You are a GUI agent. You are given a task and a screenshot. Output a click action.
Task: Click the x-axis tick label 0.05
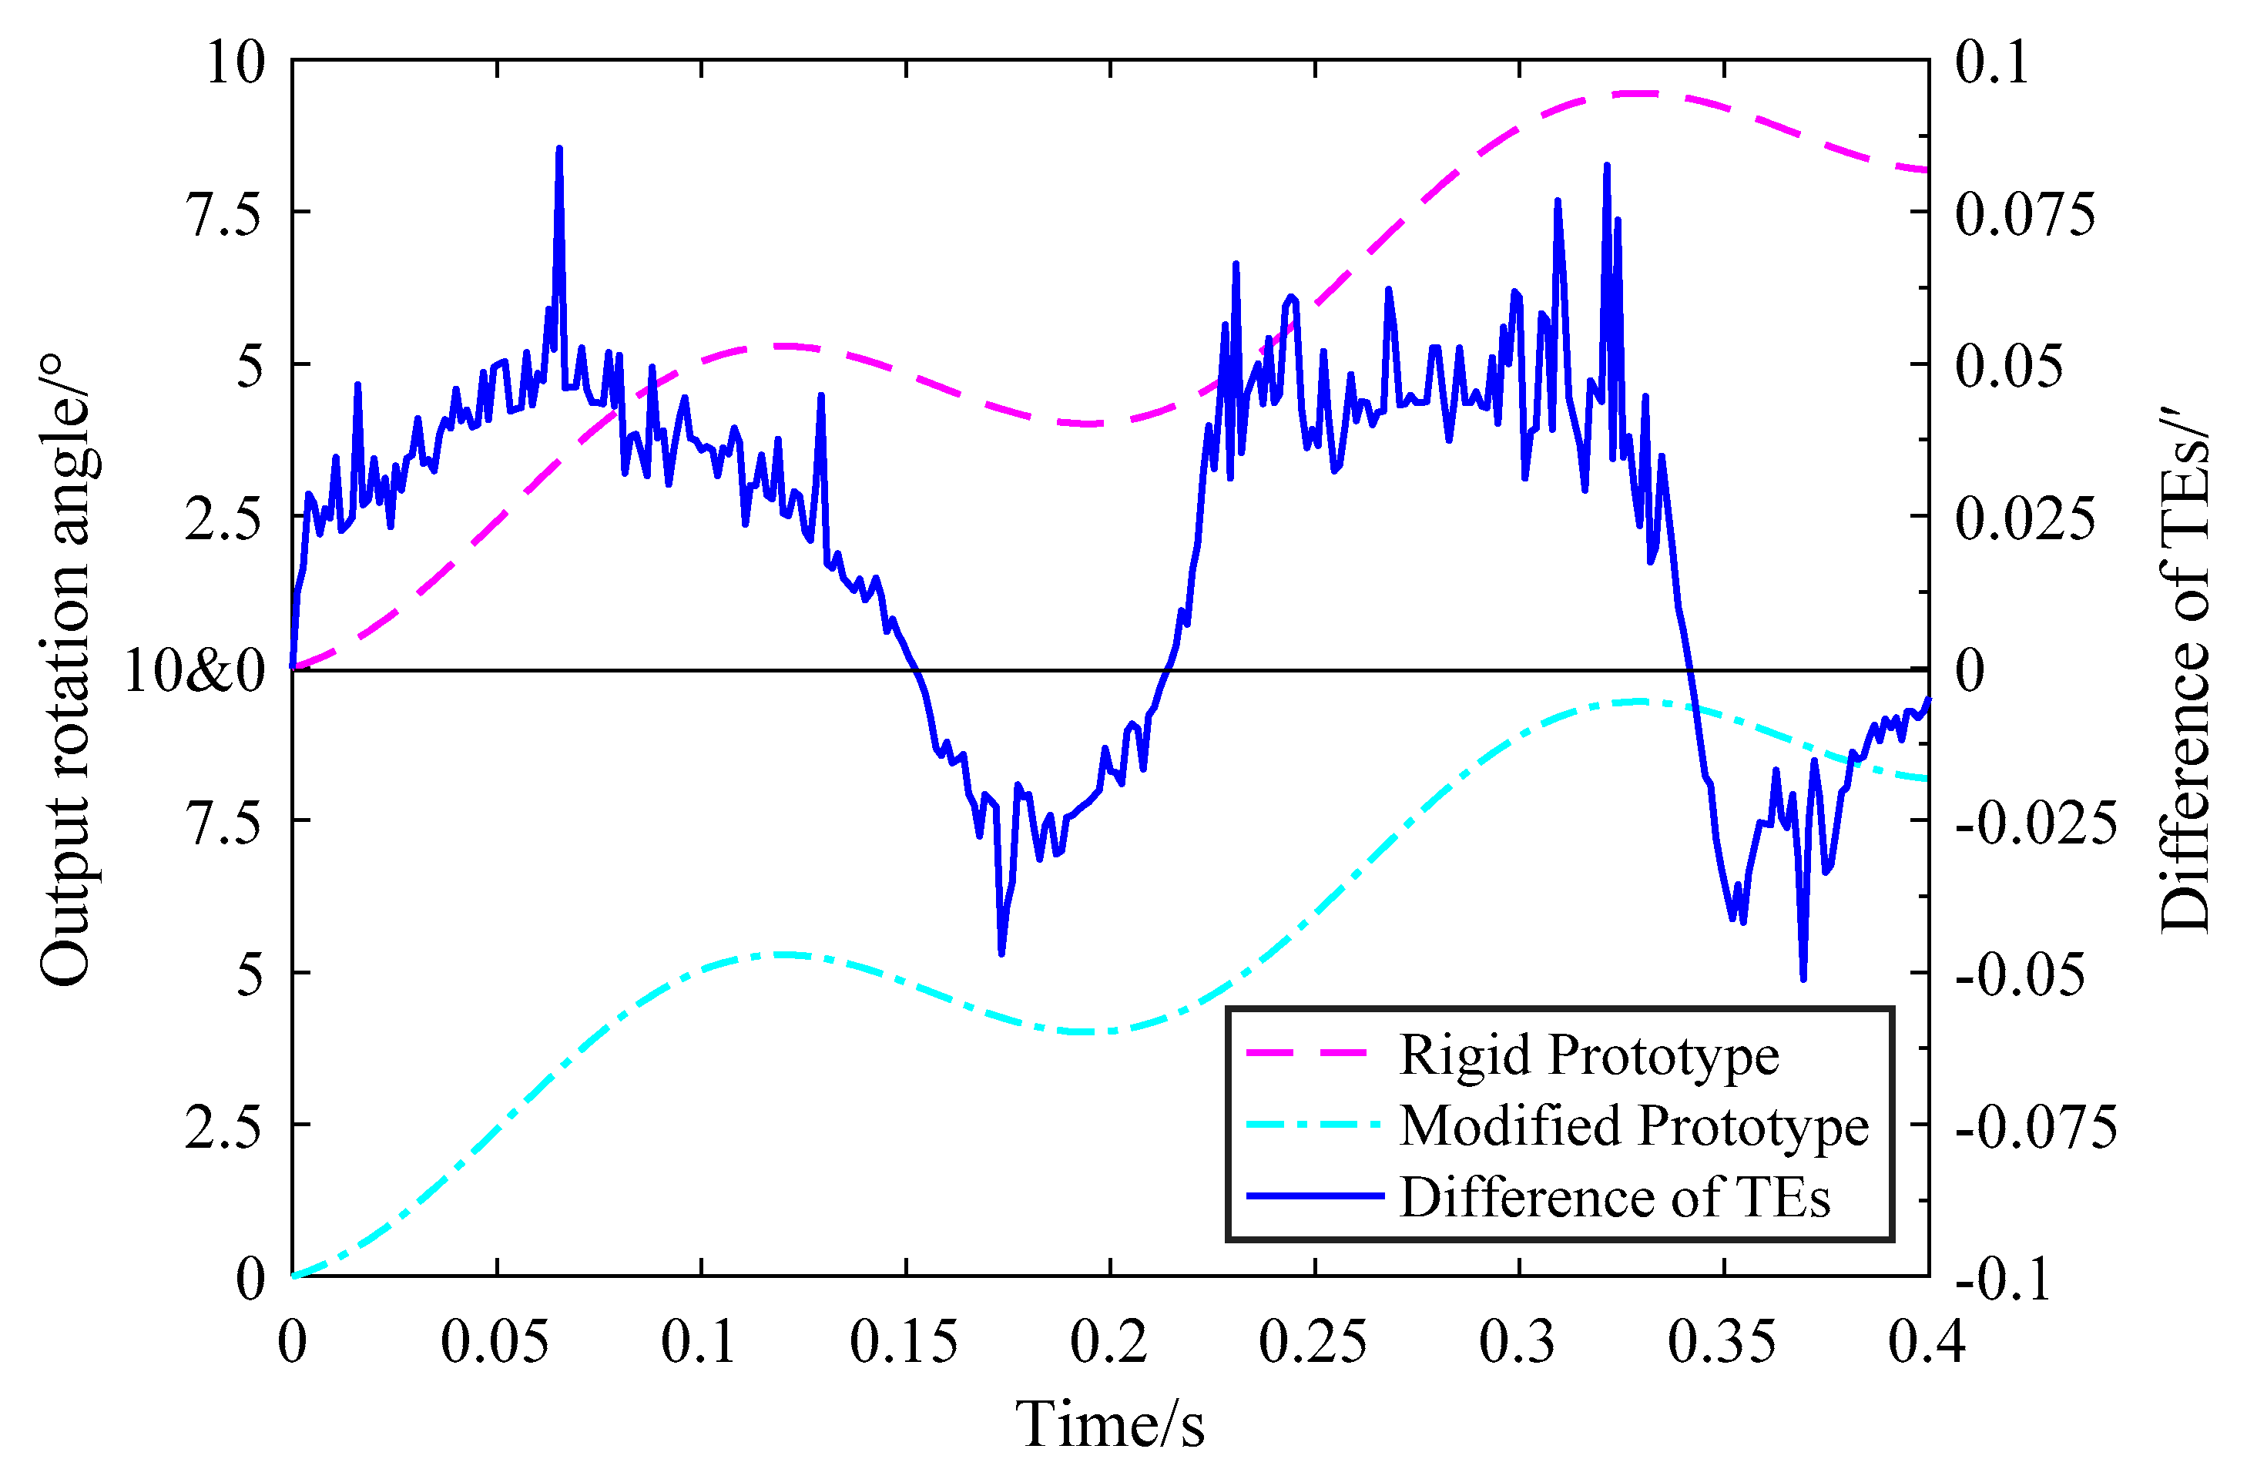pyautogui.click(x=495, y=1342)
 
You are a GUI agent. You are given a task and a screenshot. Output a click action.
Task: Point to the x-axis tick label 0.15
pyautogui.click(x=904, y=1342)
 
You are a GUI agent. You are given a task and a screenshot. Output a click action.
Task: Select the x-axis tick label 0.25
pyautogui.click(x=1313, y=1342)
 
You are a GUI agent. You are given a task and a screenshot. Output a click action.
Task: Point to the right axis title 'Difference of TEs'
pyautogui.click(x=2185, y=669)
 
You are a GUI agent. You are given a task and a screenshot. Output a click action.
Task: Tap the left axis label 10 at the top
pyautogui.click(x=236, y=63)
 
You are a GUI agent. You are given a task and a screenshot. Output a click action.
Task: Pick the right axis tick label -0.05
pyautogui.click(x=2020, y=974)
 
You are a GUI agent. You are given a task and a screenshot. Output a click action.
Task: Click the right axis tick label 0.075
pyautogui.click(x=2024, y=213)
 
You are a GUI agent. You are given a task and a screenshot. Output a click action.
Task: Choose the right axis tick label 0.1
pyautogui.click(x=1991, y=63)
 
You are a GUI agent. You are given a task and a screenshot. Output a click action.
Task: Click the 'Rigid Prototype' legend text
pyautogui.click(x=1589, y=1055)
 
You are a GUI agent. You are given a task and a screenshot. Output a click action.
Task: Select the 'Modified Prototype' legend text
pyautogui.click(x=1633, y=1125)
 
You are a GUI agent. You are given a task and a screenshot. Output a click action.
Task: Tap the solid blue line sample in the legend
pyautogui.click(x=1314, y=1196)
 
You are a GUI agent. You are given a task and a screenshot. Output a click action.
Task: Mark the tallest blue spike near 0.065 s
pyautogui.click(x=559, y=149)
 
